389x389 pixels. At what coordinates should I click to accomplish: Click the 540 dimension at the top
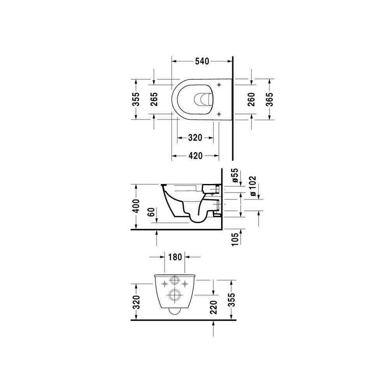point(202,61)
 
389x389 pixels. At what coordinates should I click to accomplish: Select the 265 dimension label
point(154,99)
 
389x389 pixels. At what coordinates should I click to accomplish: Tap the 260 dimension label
point(251,99)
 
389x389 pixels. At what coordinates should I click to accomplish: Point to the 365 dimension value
point(270,99)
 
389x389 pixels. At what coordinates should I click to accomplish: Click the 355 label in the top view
point(136,99)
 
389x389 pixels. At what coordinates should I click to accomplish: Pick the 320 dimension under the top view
point(195,137)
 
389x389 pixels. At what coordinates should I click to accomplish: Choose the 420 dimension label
point(196,156)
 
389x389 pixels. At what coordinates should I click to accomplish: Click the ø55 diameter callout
point(235,176)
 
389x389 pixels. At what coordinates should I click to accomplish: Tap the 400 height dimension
point(136,206)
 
